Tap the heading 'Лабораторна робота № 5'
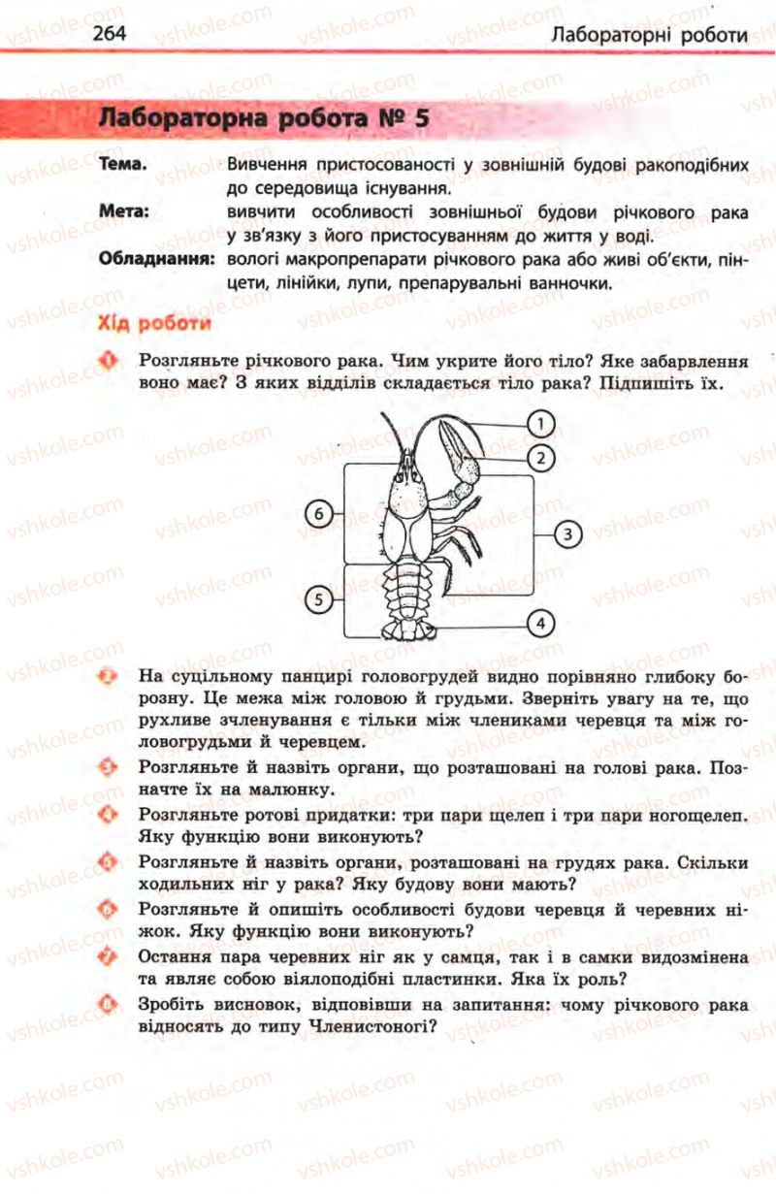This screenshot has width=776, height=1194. (264, 119)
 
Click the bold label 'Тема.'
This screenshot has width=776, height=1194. (123, 165)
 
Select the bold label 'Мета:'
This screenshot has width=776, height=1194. (123, 212)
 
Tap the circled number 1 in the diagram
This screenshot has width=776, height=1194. (540, 422)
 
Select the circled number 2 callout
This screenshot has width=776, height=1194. (540, 457)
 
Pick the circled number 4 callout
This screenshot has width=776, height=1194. (540, 622)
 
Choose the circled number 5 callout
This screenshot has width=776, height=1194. (318, 599)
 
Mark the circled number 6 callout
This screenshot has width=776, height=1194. (318, 514)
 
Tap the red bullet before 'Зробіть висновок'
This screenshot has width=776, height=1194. (109, 1001)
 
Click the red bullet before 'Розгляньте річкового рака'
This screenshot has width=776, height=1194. (109, 361)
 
